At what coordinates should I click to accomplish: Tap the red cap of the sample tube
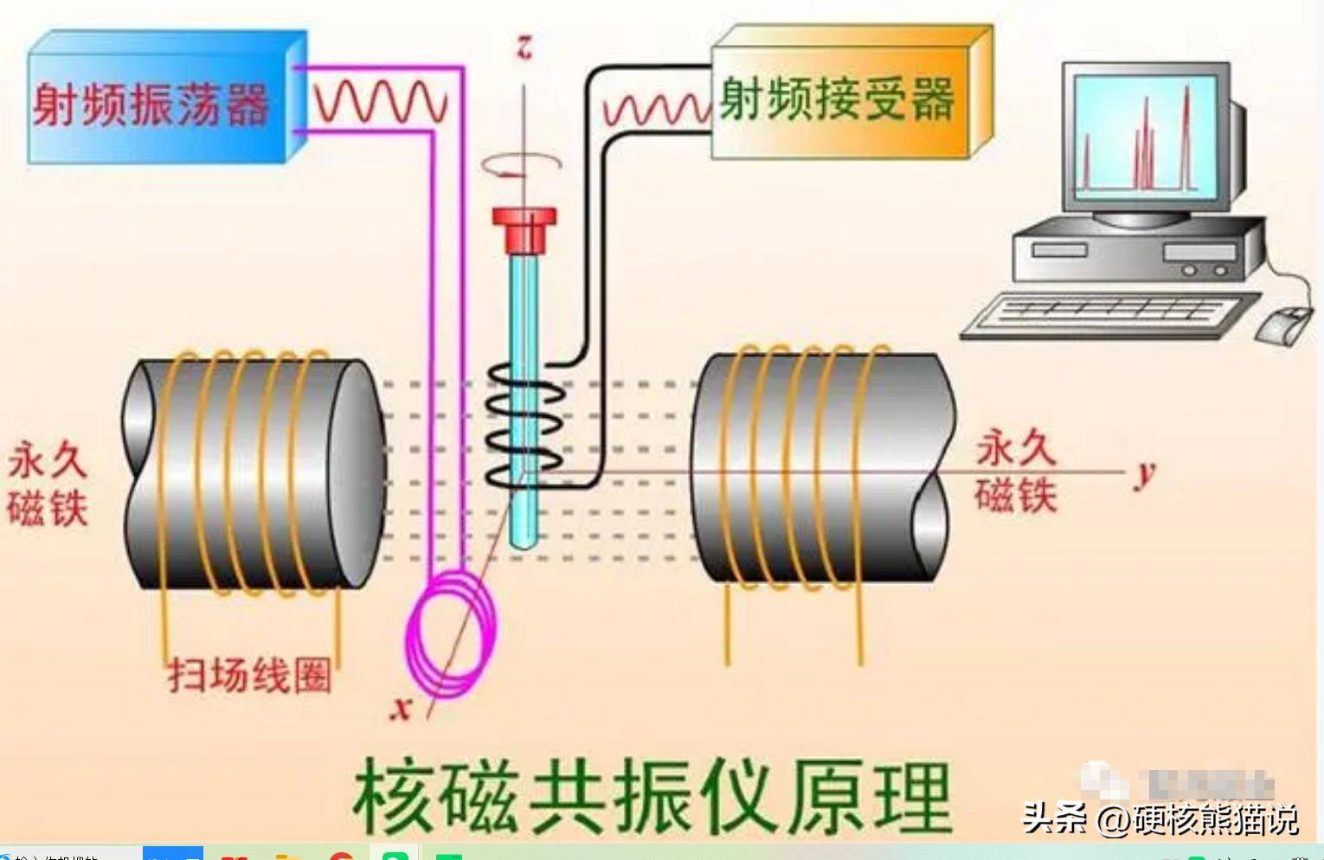click(524, 228)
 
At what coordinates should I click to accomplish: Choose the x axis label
click(401, 708)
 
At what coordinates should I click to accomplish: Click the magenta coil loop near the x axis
click(451, 635)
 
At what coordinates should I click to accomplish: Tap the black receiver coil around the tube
click(524, 424)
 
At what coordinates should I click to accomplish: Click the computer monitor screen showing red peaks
click(1144, 136)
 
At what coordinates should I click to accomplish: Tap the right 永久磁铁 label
click(1016, 472)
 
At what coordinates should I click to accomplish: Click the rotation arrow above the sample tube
click(522, 165)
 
